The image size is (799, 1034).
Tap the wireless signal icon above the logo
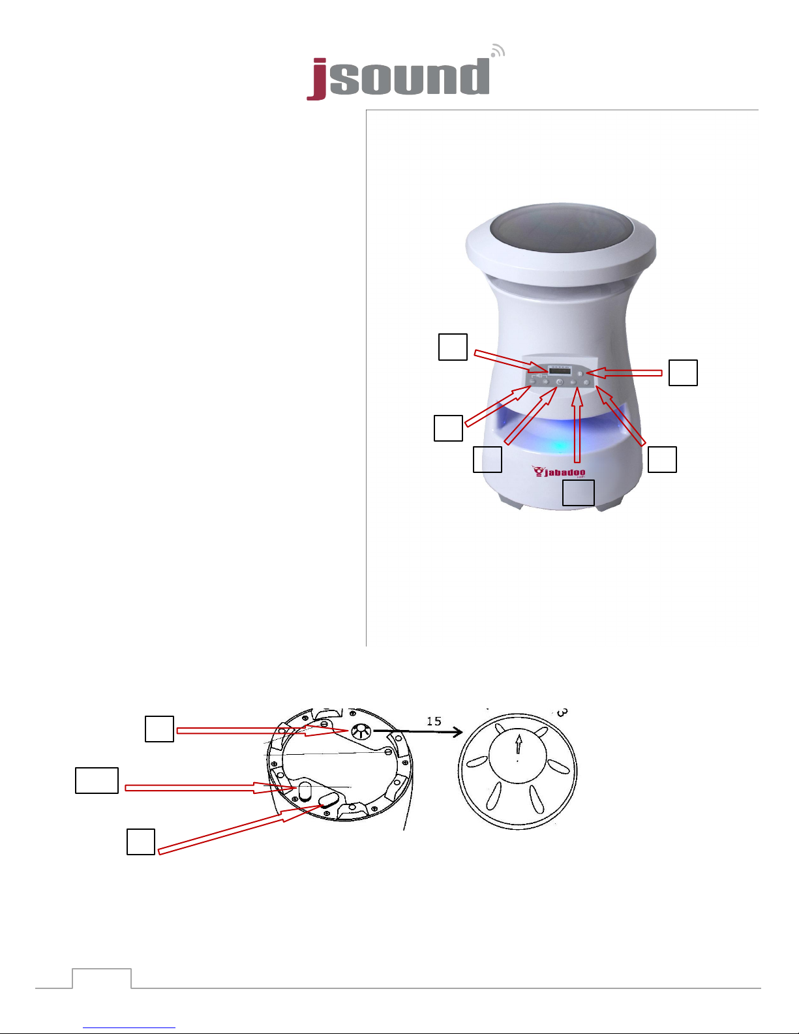point(498,50)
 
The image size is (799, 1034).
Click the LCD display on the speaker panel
point(560,371)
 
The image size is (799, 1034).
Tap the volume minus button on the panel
point(533,382)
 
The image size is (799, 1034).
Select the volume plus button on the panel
point(545,382)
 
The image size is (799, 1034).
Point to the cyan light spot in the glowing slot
point(560,446)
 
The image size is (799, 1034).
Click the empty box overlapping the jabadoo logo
point(579,493)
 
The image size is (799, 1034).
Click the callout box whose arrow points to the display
point(453,347)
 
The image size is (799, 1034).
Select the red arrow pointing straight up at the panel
point(577,427)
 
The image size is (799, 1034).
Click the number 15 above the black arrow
point(434,721)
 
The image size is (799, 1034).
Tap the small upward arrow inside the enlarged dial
point(519,744)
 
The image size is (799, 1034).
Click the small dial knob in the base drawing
point(360,731)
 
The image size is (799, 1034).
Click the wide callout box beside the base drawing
point(97,780)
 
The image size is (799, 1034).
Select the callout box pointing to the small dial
point(159,729)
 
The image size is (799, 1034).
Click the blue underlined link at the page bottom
point(129,1027)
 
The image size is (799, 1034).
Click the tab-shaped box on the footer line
point(102,979)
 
